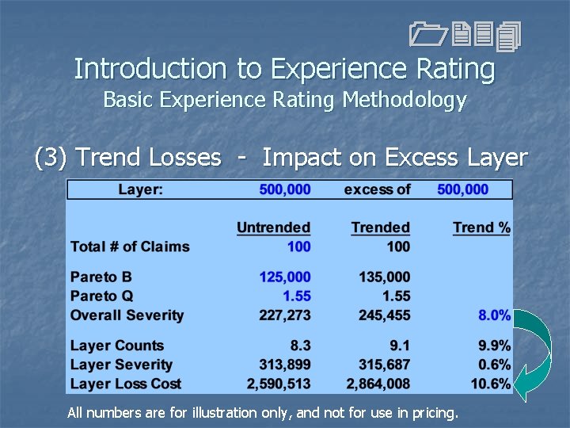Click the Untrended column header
pos(273,228)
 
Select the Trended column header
pos(380,228)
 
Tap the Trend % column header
pos(481,228)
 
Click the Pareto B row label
pos(101,277)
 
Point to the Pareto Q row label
pos(102,296)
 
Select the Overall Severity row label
pos(127,315)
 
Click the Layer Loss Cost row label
pos(126,384)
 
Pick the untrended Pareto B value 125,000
pos(285,277)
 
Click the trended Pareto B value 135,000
pos(384,277)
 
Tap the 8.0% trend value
pos(494,315)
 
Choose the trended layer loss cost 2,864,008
pos(378,384)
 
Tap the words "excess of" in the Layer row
pos(378,190)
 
